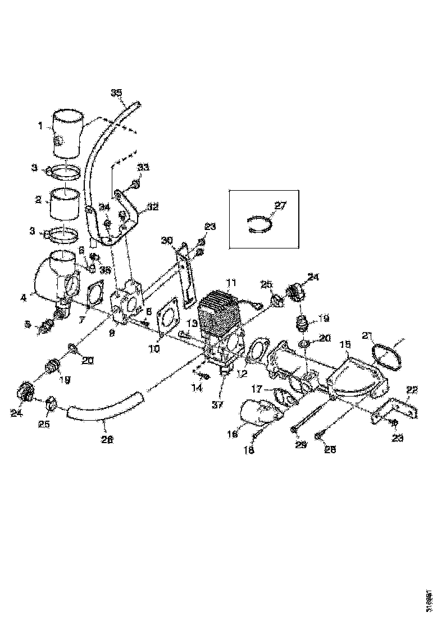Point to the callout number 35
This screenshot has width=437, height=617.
tap(116, 93)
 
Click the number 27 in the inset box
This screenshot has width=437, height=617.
tap(279, 205)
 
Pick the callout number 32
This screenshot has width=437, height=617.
tap(153, 208)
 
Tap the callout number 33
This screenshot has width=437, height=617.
tap(144, 168)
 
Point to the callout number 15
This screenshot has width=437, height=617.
tap(345, 343)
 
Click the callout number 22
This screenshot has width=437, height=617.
tap(412, 390)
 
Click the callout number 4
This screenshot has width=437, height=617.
tap(24, 298)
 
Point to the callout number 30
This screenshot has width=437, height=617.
tap(166, 241)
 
